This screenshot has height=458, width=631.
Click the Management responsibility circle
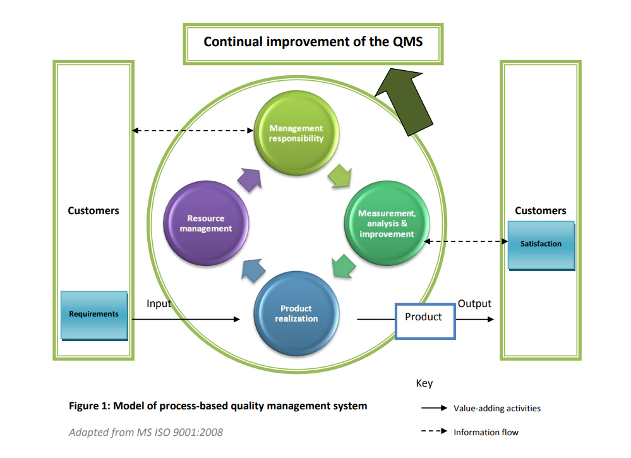(296, 133)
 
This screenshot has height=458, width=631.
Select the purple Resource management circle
(206, 224)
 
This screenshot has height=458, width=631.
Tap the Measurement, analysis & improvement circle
(387, 224)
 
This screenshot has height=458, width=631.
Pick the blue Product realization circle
(296, 313)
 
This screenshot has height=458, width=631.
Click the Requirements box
(93, 315)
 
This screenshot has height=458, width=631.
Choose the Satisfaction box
(541, 244)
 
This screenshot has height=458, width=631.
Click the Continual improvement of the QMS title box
(313, 43)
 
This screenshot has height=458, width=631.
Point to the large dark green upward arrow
(404, 101)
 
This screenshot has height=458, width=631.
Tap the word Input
(159, 303)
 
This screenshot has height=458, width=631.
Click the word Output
(474, 303)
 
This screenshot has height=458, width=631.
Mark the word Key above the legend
(424, 383)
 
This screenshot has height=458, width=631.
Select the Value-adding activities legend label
(497, 408)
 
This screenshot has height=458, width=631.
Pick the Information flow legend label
(486, 432)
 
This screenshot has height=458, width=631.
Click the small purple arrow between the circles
(249, 180)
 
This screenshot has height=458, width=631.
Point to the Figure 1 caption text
(217, 406)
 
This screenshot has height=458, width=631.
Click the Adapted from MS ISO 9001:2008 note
(145, 432)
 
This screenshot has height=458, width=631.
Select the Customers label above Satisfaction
(541, 211)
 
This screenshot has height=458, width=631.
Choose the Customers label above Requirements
(93, 211)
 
